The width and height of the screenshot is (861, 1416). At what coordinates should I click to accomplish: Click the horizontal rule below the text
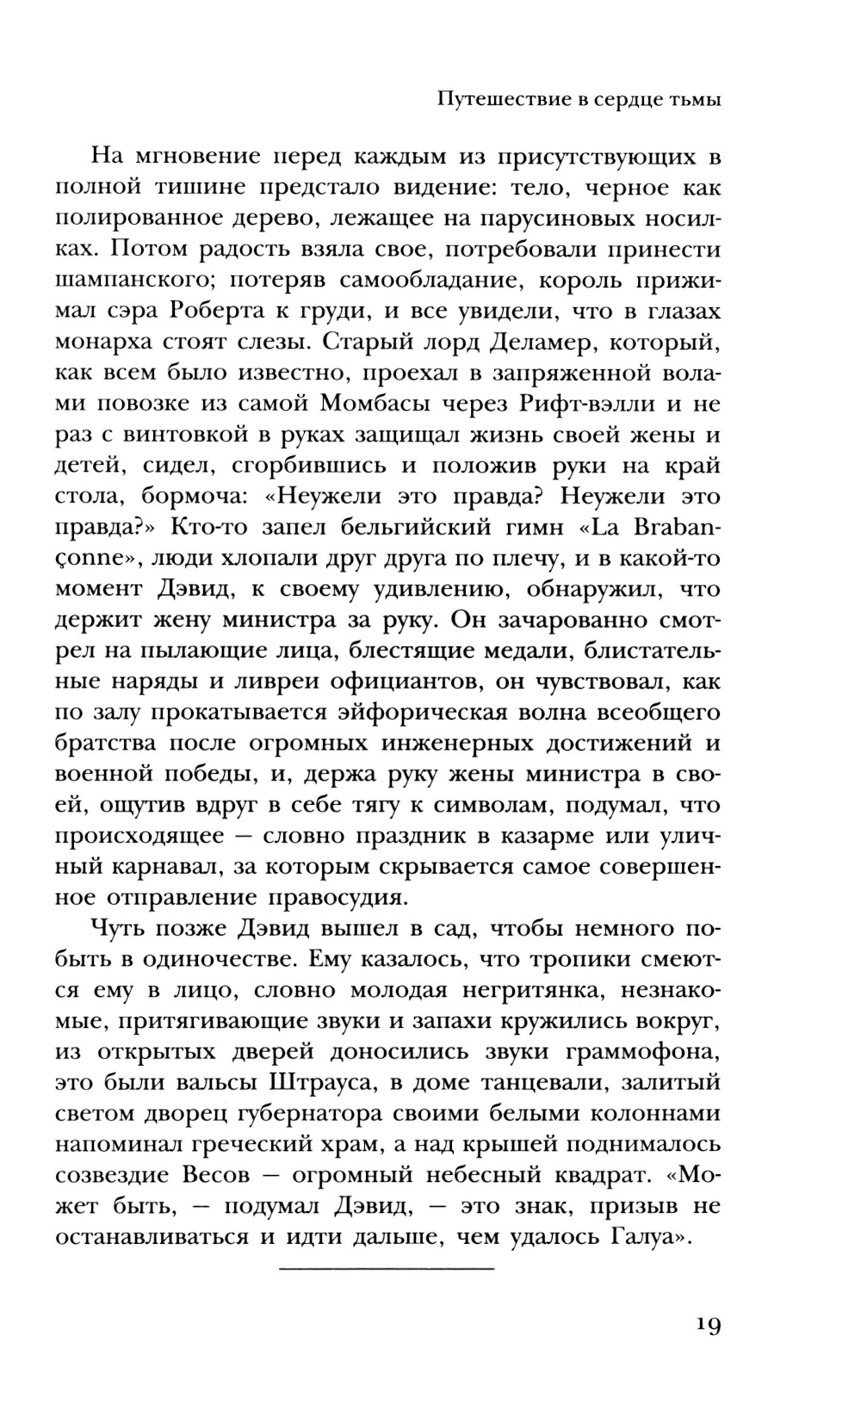(387, 1269)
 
